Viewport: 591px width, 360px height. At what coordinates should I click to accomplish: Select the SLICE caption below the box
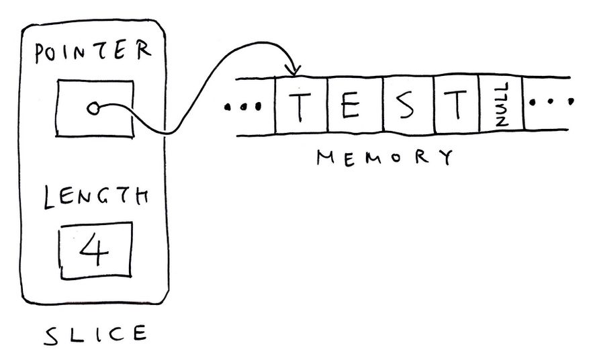click(95, 334)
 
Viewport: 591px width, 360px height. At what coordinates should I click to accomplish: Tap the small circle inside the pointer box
click(93, 108)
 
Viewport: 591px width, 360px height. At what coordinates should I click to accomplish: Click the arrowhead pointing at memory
click(293, 70)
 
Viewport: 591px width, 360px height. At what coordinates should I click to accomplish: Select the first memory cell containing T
click(301, 106)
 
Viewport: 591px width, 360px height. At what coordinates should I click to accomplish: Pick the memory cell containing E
click(355, 106)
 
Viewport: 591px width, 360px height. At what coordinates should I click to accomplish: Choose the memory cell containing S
click(408, 106)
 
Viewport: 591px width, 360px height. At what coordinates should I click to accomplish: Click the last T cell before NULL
click(457, 106)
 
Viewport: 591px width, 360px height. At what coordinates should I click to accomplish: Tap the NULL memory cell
click(501, 106)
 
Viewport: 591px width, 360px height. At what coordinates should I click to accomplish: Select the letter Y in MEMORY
click(443, 158)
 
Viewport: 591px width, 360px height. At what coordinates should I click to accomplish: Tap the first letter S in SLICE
click(52, 335)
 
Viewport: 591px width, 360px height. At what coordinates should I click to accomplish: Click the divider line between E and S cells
click(383, 106)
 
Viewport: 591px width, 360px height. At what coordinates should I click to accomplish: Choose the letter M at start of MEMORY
click(326, 158)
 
